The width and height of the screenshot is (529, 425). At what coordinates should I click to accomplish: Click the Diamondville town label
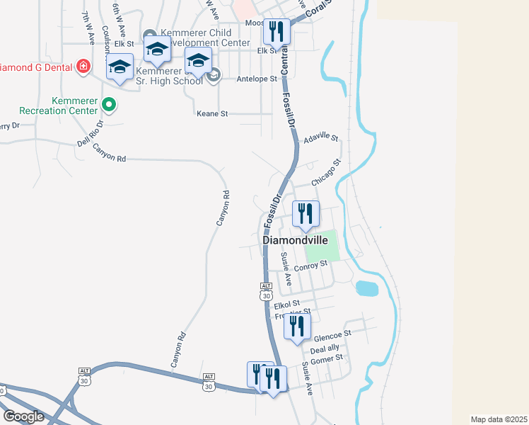(296, 240)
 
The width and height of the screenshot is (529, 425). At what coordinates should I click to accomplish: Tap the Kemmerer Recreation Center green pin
(108, 106)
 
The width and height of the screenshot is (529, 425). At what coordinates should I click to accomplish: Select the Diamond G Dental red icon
(83, 66)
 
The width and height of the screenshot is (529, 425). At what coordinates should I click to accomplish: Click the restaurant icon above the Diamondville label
(306, 214)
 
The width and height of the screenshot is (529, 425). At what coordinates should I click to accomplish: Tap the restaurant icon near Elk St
(277, 32)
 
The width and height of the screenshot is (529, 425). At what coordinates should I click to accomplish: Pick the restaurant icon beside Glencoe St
(297, 327)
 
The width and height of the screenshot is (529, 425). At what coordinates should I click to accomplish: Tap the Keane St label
(213, 113)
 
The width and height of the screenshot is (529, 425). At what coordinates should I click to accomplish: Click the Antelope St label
(257, 79)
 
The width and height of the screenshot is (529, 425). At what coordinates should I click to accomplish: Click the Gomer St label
(327, 358)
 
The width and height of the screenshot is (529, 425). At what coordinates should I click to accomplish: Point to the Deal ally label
(325, 348)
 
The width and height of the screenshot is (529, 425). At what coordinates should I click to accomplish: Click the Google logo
(23, 416)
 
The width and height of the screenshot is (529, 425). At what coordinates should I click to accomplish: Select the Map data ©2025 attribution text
(499, 419)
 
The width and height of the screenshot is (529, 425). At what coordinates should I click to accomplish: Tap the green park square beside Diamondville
(322, 246)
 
